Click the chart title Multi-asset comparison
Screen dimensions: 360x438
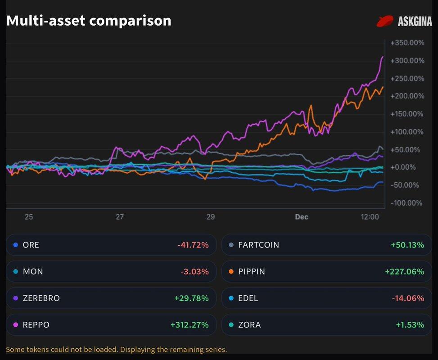point(89,21)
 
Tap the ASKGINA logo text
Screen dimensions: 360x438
point(415,21)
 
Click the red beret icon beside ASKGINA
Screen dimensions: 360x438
point(385,21)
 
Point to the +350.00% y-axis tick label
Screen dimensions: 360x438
point(407,43)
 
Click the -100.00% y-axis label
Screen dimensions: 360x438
point(406,203)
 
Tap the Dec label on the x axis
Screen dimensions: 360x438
point(301,217)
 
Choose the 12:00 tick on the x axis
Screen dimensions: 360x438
point(370,217)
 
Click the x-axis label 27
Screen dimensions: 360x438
point(119,217)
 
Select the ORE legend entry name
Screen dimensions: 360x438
point(31,245)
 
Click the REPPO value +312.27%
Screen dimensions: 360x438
point(190,325)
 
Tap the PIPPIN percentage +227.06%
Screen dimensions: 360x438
point(405,272)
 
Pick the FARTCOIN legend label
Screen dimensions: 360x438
point(258,245)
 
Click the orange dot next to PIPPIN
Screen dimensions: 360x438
point(231,272)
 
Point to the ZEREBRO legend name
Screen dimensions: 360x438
point(41,298)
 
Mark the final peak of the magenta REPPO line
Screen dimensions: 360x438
point(383,57)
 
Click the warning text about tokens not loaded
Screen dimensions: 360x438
point(116,350)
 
